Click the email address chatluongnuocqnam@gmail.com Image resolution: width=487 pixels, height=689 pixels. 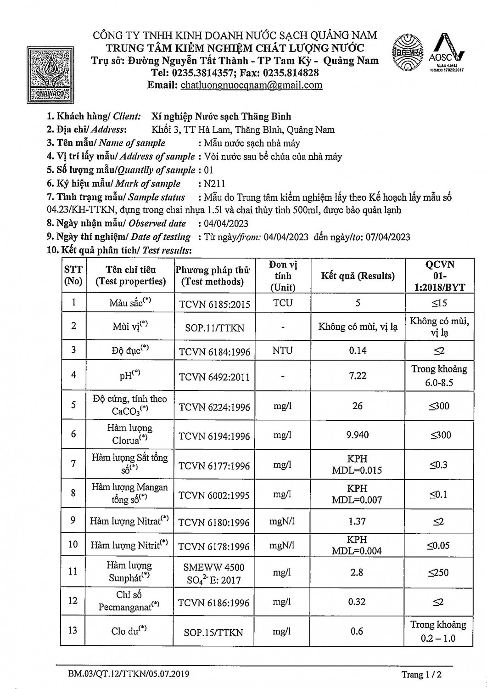252,85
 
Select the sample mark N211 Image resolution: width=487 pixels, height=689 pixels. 214,184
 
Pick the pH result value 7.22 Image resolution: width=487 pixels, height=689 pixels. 358,375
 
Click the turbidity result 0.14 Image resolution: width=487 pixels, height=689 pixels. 358,350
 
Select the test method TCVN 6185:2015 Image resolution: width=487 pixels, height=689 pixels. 214,304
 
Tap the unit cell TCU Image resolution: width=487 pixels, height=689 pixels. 283,303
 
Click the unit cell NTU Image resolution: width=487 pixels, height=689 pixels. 283,350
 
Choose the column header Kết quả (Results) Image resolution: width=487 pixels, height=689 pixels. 358,276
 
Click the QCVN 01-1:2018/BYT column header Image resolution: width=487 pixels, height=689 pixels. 439,276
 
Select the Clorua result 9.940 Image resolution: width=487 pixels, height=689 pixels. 358,435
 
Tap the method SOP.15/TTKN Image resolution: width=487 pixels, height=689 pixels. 213,633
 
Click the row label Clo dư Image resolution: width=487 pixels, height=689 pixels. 129,631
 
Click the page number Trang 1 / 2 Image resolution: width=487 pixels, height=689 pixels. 421,674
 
